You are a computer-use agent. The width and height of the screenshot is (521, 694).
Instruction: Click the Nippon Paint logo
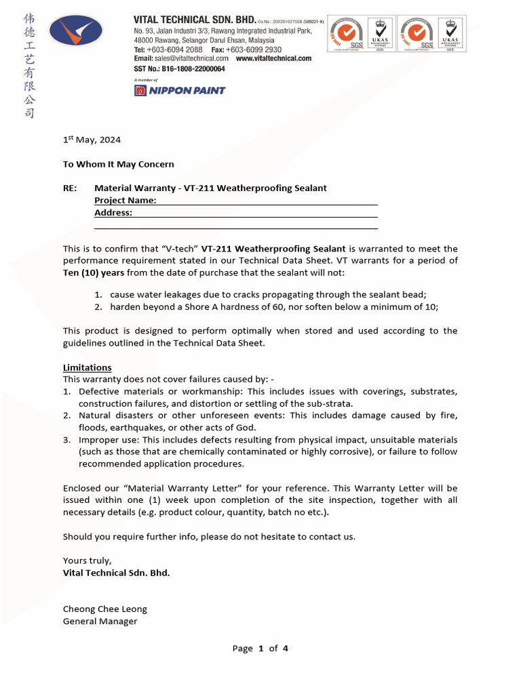coord(180,90)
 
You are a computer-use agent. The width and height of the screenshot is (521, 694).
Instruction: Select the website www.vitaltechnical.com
coord(273,58)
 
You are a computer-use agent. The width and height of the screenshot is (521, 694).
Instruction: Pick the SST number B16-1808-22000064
coord(179,68)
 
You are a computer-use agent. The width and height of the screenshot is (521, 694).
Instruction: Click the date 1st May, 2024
coord(92,140)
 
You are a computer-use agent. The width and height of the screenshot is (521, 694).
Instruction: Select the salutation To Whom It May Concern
coord(118,164)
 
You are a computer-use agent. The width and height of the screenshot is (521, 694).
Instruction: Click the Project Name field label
coord(125,201)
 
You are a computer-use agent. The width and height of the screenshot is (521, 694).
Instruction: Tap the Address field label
coord(113,213)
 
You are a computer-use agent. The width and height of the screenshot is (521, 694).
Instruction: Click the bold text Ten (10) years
coord(94,272)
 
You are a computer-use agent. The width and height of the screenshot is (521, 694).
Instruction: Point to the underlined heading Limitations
coord(87,367)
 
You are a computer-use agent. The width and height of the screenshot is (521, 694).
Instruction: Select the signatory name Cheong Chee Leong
coord(104,609)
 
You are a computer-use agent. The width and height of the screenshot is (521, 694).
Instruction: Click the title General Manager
coord(100,621)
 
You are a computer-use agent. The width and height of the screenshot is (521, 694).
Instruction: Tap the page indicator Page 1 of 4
coord(260,648)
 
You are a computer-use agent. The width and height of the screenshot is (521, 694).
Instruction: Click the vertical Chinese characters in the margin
coord(29,65)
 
